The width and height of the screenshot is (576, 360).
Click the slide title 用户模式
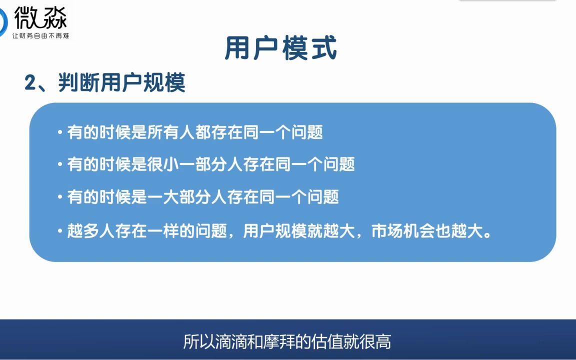tap(281, 48)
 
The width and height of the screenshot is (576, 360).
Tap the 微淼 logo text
tap(40, 17)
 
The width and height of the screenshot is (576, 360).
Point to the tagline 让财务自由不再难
tap(40, 36)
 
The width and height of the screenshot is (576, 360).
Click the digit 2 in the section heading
tap(30, 83)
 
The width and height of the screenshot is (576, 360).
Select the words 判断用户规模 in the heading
tap(121, 83)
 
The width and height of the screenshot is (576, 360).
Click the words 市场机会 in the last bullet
tap(403, 231)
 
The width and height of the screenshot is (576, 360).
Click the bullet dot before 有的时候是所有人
tap(60, 133)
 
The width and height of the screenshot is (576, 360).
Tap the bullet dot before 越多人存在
tap(60, 232)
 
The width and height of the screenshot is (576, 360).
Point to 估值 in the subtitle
tap(327, 342)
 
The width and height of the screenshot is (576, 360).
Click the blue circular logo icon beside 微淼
tap(3, 20)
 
